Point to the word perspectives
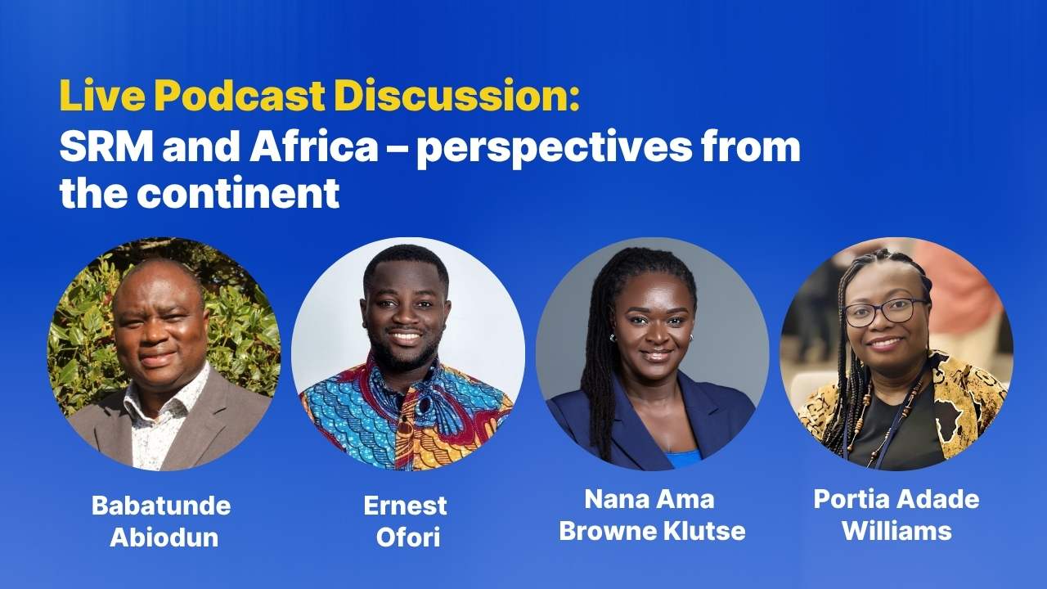(x=553, y=150)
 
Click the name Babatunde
(x=161, y=506)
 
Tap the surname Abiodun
(x=164, y=537)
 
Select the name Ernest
(x=405, y=506)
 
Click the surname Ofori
(x=408, y=537)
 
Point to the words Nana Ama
(x=649, y=499)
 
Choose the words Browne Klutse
(x=652, y=531)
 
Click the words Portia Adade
(x=896, y=499)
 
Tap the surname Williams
(x=897, y=531)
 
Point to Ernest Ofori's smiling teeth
(x=405, y=336)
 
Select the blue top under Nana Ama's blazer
(x=683, y=458)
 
